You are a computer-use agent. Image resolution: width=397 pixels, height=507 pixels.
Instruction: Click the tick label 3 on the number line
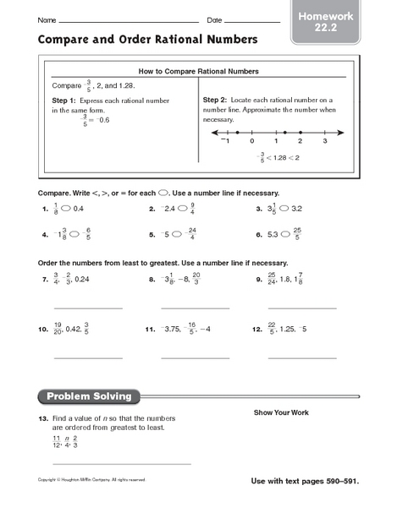(324, 141)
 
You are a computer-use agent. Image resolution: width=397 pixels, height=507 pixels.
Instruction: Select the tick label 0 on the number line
(252, 141)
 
